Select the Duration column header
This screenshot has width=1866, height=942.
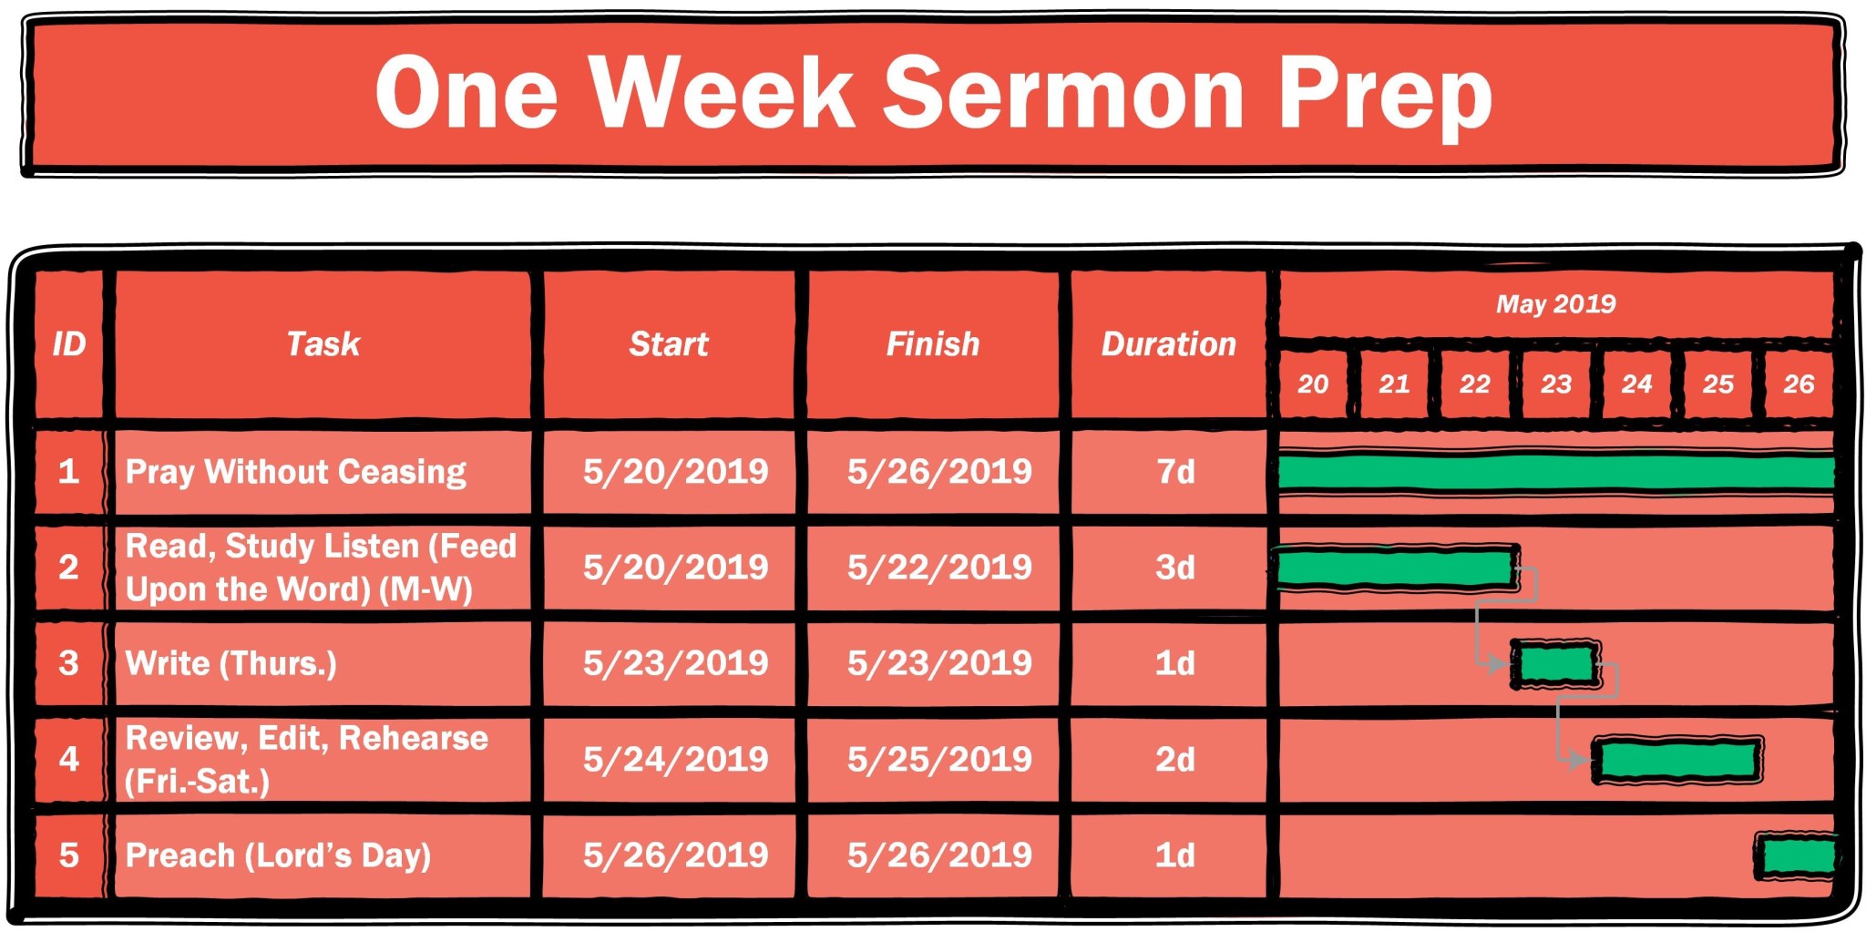[x=1168, y=344]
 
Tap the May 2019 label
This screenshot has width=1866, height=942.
[x=1555, y=304]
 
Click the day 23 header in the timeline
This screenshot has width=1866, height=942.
[x=1555, y=384]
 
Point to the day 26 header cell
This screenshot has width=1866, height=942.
[x=1799, y=384]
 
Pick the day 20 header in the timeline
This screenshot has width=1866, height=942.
[x=1312, y=384]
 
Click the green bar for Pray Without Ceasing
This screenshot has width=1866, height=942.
[x=1555, y=473]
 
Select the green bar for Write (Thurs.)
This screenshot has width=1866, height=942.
[x=1555, y=664]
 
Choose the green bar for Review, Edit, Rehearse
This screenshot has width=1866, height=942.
[x=1677, y=760]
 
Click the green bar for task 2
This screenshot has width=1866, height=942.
[x=1396, y=568]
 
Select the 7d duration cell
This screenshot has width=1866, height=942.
[x=1174, y=472]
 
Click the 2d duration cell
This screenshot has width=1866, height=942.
[x=1174, y=760]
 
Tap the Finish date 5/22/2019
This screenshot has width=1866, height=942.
[x=939, y=568]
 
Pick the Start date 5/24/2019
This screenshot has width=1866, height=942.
[x=675, y=760]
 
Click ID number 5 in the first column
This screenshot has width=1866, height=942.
[x=68, y=855]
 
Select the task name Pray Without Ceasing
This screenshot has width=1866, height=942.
[x=295, y=472]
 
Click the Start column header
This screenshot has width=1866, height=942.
[x=668, y=344]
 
